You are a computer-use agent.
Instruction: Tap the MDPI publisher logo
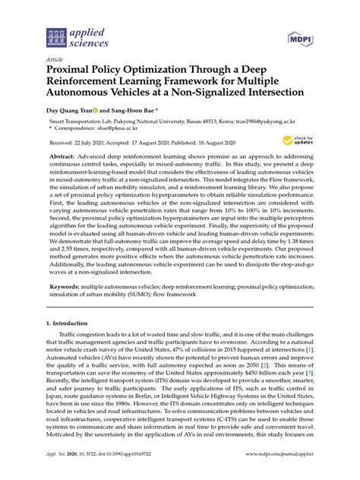pos(302,37)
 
